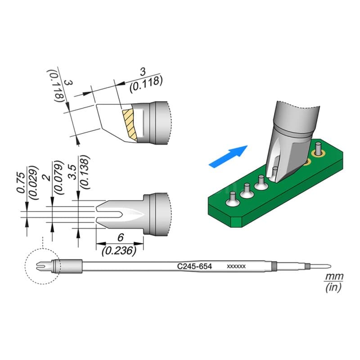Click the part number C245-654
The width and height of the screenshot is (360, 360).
tap(194, 266)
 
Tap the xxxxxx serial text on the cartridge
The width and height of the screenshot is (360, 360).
tap(236, 266)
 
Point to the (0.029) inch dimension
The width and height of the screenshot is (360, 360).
tap(32, 182)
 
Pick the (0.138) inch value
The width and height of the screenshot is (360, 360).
tap(84, 172)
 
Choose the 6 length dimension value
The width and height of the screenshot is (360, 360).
tap(121, 238)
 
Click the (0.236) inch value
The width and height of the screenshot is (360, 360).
tap(119, 251)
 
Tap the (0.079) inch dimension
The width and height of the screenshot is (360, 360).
tap(58, 177)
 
